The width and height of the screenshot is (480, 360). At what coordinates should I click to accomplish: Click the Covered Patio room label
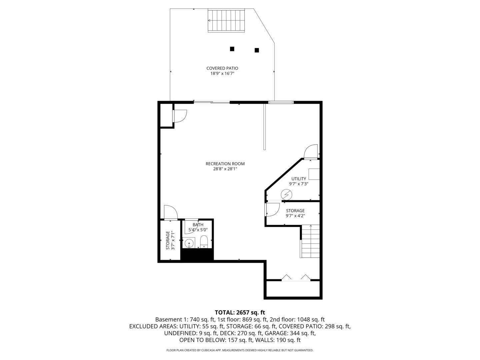[x=222, y=68]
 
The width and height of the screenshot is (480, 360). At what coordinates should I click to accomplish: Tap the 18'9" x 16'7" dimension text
[x=222, y=74]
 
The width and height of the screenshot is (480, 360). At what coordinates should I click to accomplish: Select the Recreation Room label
[x=225, y=164]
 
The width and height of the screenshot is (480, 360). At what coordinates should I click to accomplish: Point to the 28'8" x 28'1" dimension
[x=225, y=169]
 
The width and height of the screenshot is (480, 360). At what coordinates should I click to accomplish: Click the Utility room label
[x=298, y=179]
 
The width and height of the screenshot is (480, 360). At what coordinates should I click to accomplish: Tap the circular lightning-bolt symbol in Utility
[x=286, y=194]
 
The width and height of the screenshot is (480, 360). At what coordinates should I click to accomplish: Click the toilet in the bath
[x=204, y=242]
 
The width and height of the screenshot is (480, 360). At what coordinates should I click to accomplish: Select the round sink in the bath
[x=189, y=243]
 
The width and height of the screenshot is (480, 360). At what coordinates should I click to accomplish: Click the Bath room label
[x=198, y=225]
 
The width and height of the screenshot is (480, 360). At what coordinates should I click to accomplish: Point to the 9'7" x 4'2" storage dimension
[x=295, y=216]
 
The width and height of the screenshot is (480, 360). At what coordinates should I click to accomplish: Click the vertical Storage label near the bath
[x=168, y=240]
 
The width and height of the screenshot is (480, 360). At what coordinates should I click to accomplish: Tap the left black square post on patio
[x=232, y=49]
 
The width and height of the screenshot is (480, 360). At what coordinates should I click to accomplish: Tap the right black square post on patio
[x=257, y=50]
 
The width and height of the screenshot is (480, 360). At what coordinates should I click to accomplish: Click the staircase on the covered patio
[x=227, y=21]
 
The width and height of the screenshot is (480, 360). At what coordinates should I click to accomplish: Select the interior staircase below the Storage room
[x=310, y=241]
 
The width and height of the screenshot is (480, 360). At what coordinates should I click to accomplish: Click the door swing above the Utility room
[x=311, y=152]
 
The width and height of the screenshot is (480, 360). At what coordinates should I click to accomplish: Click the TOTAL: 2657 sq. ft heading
[x=240, y=312]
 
